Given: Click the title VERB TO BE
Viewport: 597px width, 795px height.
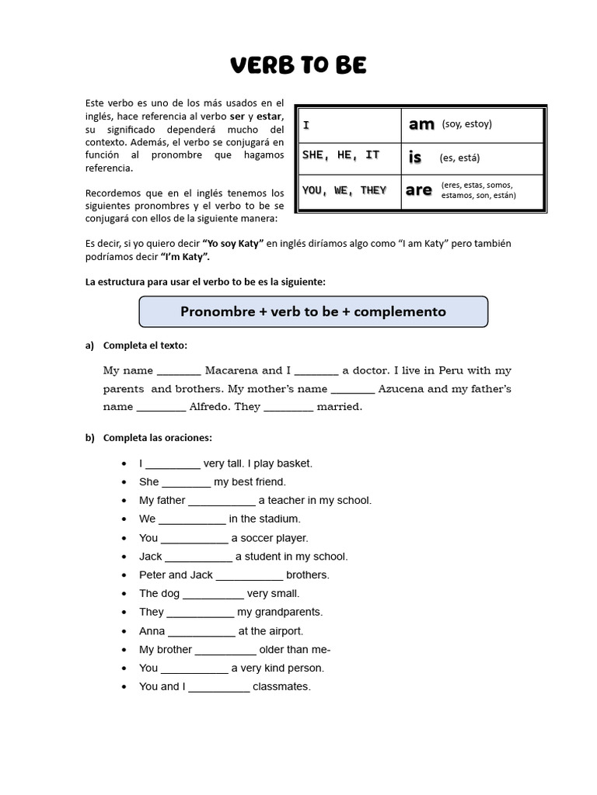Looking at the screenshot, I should (x=298, y=66).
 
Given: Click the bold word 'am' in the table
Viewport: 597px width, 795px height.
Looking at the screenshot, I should (x=421, y=124).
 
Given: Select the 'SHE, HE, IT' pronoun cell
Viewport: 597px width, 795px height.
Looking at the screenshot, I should (x=341, y=155).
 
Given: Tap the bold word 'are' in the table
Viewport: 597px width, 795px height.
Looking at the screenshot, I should (x=419, y=190).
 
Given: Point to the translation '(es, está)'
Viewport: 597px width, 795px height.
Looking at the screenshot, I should (x=459, y=158).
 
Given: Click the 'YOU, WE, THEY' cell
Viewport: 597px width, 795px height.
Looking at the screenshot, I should (x=344, y=190).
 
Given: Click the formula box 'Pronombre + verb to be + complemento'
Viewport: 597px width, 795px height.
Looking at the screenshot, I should (x=313, y=311).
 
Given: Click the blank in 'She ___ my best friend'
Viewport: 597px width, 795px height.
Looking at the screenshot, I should (x=187, y=483).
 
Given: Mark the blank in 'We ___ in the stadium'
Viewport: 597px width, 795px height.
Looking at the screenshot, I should (x=192, y=520).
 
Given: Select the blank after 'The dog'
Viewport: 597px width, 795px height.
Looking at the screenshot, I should (x=213, y=595).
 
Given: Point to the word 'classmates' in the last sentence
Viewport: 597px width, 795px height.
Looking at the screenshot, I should (x=281, y=687).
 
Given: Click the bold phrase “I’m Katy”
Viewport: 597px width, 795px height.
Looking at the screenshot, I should (x=185, y=257).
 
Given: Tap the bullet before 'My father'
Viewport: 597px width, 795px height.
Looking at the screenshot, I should (x=124, y=501).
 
